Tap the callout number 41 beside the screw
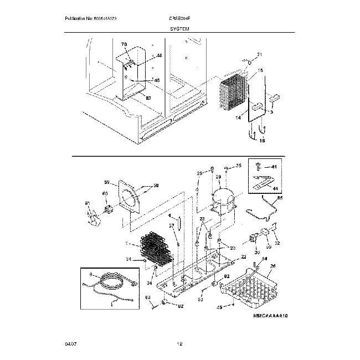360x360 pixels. pyautogui.click(x=273, y=166)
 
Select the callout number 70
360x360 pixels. pyautogui.click(x=124, y=44)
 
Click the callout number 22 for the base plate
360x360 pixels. pyautogui.click(x=243, y=258)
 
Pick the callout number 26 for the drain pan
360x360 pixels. pyautogui.click(x=272, y=266)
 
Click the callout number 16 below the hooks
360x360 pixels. pyautogui.click(x=262, y=141)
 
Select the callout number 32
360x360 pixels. pyautogui.click(x=277, y=243)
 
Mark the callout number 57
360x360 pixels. pyautogui.click(x=172, y=225)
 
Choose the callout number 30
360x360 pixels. pyautogui.click(x=256, y=253)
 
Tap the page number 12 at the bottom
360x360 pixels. pyautogui.click(x=179, y=344)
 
